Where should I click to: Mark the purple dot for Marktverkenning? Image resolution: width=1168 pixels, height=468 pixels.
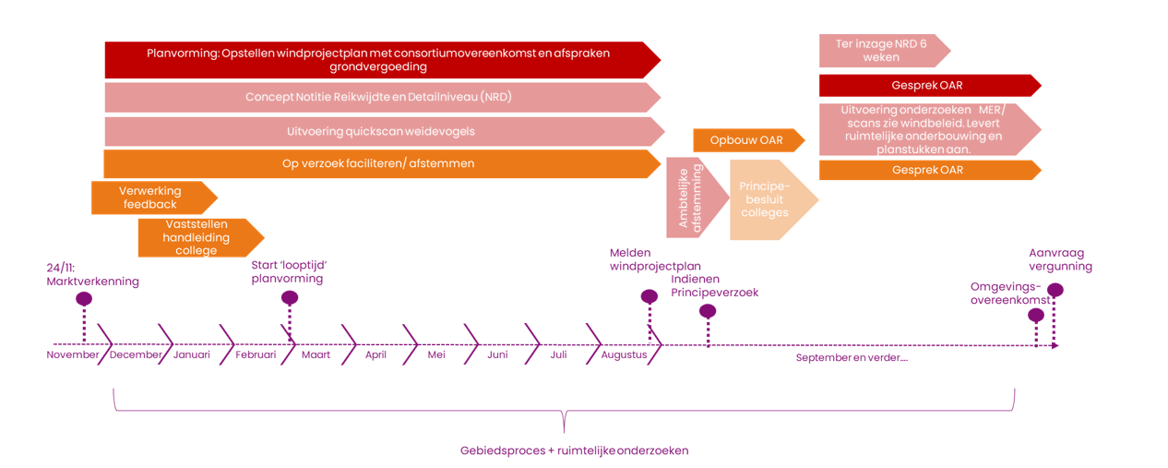coord(84,299)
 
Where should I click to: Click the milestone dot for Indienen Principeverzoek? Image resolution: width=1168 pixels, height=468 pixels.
coord(708,311)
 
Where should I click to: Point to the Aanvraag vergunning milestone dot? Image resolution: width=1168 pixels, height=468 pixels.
coord(1055,290)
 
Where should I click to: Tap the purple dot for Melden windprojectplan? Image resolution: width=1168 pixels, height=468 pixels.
coord(650,297)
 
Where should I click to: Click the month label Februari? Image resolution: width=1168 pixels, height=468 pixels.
coord(256,354)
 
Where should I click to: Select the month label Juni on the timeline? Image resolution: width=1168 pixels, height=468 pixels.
coord(497,354)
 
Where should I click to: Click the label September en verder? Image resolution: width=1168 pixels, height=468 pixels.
coord(852,357)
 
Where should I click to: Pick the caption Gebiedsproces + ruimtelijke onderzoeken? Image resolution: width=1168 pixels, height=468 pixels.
coord(574,450)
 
